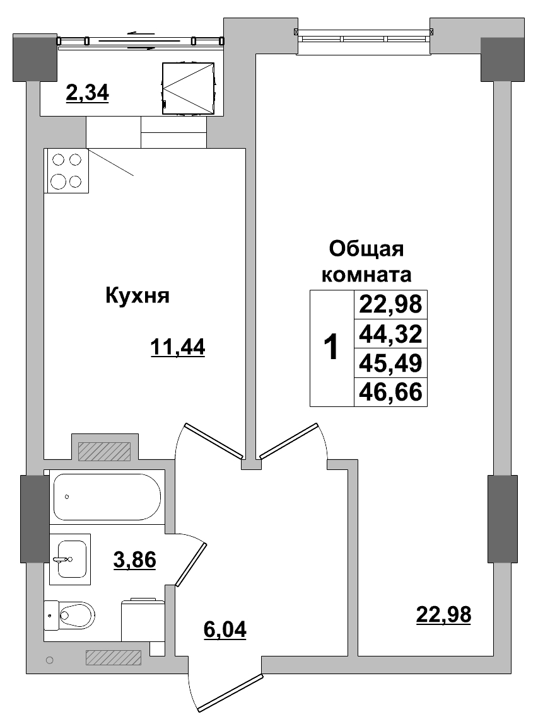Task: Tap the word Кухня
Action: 137,295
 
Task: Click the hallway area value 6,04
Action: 225,628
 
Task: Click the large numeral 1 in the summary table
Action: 330,347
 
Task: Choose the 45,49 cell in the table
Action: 389,362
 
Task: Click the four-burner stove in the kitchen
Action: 66,171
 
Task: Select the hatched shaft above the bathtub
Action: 104,451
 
